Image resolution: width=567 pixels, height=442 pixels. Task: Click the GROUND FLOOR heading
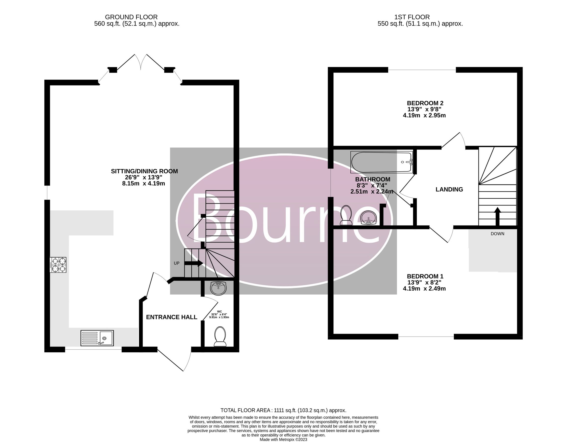(x=131, y=17)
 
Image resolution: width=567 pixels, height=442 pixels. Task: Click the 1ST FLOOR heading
(x=412, y=17)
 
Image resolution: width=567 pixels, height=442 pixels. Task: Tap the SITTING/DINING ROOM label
(x=144, y=171)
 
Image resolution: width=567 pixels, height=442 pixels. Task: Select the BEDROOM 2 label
(x=425, y=103)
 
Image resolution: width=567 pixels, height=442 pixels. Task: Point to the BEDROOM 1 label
(x=425, y=276)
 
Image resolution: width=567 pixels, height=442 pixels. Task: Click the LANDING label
(x=449, y=189)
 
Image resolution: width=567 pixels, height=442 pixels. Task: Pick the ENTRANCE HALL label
(x=171, y=317)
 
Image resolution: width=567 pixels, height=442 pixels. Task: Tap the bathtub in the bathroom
(x=381, y=162)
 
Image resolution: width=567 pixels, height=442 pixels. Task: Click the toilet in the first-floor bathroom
(x=346, y=215)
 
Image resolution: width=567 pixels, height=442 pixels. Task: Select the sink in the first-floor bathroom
(x=369, y=218)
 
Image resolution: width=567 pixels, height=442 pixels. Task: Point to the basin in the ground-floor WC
(x=218, y=288)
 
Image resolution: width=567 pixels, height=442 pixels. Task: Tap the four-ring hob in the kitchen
(x=58, y=265)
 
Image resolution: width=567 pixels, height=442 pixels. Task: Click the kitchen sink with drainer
(x=97, y=338)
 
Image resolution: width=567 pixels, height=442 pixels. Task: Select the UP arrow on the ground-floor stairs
(x=193, y=263)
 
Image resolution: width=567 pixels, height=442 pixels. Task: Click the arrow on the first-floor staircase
(x=497, y=216)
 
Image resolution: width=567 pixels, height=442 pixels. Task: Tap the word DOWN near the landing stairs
(x=497, y=234)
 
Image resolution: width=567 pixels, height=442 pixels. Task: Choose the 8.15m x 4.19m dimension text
(x=144, y=183)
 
